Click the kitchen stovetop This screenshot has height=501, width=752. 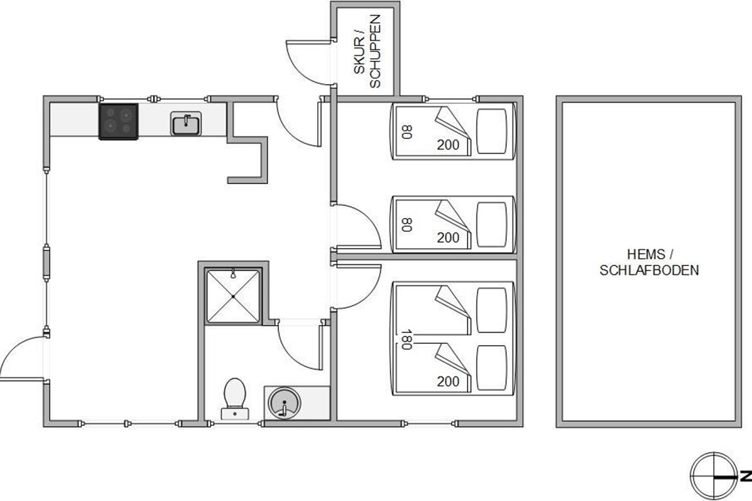[x=118, y=121]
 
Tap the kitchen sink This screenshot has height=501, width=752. [x=186, y=123]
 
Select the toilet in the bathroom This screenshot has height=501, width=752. [x=234, y=398]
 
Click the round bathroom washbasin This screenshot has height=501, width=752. [x=285, y=403]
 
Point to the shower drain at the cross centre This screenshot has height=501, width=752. [x=233, y=296]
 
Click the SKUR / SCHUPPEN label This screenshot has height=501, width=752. [x=367, y=51]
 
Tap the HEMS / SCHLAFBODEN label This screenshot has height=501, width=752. [x=649, y=262]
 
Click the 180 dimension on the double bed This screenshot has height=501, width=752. [x=406, y=339]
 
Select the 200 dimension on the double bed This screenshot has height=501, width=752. [x=448, y=381]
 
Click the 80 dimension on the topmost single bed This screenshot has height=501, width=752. [x=407, y=132]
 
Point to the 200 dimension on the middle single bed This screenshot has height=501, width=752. [x=448, y=237]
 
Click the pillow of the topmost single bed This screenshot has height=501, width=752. [x=491, y=132]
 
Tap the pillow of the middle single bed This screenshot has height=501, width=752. [x=491, y=224]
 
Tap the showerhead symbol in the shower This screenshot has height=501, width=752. [x=233, y=274]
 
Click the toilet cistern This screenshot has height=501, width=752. [x=234, y=414]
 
